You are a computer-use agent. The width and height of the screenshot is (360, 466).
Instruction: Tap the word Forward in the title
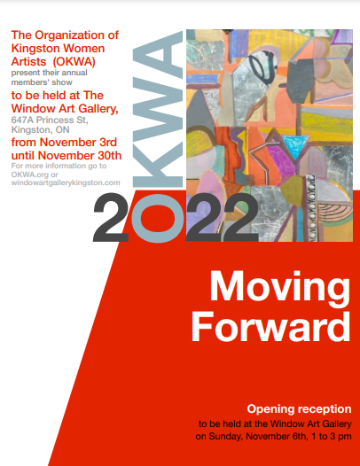click(271, 327)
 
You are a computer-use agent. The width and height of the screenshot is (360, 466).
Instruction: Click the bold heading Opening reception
click(299, 409)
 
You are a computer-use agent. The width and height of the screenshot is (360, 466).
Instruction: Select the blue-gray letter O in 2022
click(158, 219)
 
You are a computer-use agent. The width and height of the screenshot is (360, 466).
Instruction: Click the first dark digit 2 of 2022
click(111, 218)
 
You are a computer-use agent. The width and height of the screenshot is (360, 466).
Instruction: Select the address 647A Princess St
click(50, 120)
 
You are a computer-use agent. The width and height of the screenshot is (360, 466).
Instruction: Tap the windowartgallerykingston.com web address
click(66, 183)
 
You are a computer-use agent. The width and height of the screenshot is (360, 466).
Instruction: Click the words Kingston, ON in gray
click(41, 130)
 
